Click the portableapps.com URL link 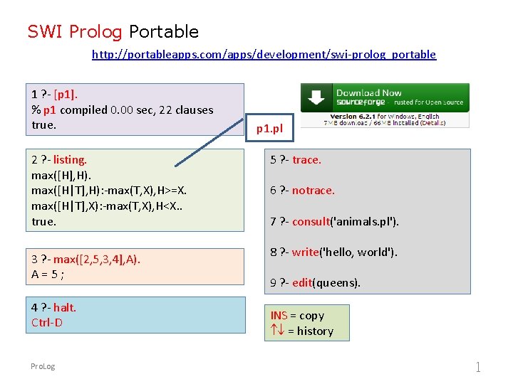pos(264,54)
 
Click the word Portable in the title pos(164,31)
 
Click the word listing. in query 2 pos(70,160)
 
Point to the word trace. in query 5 pos(306,160)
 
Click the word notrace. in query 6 pos(313,191)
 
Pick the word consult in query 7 pos(311,221)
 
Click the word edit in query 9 pos(302,282)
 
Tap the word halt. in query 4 pos(64,307)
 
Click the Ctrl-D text pos(47,322)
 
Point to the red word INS pos(279,315)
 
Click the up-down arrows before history pos(277,331)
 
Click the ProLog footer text pos(43,366)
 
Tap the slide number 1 pos(478,367)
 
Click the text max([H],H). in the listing pos(61,175)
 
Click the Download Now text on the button pos(368,93)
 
